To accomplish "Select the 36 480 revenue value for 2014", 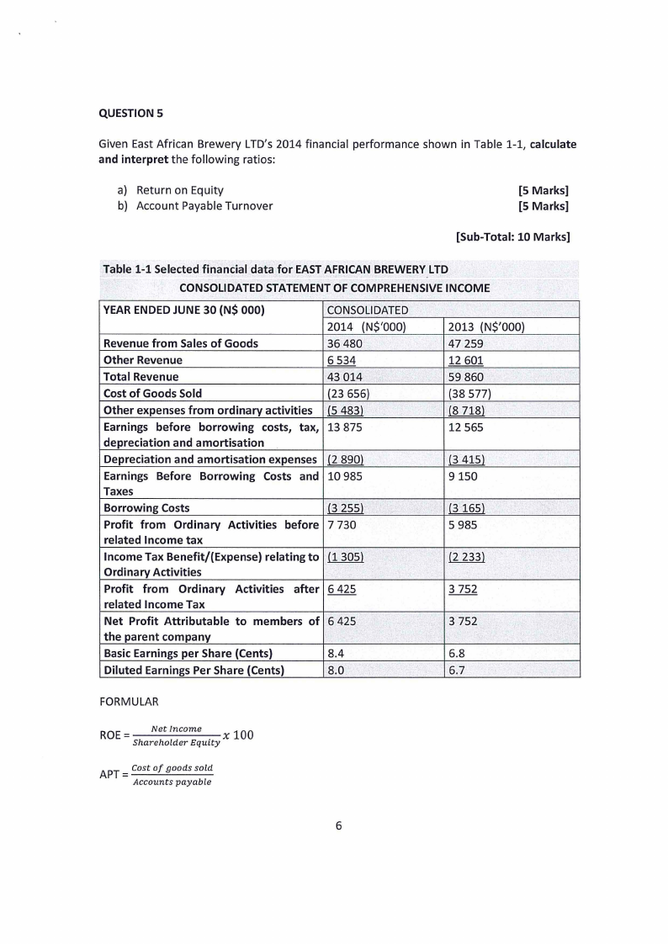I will [x=342, y=343].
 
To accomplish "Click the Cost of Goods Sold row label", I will [x=152, y=392].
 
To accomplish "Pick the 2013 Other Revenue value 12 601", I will [x=464, y=360].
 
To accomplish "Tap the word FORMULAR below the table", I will [x=128, y=700].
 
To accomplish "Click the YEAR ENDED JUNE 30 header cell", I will [x=184, y=309].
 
